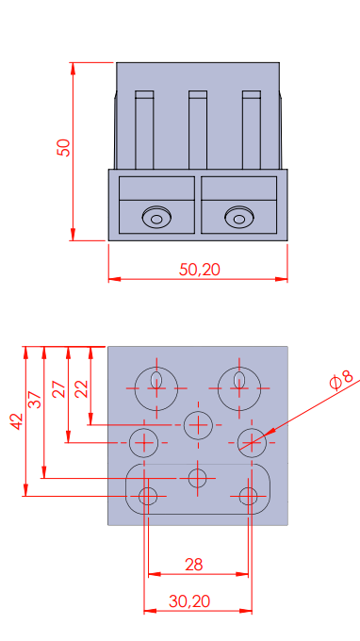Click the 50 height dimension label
point(64,148)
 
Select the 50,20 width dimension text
point(200,270)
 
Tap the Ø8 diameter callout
point(340,381)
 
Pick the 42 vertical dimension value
point(17,421)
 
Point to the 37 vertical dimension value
point(36,400)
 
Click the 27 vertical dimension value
point(58,389)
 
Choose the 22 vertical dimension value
point(81,389)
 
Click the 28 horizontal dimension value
point(194,565)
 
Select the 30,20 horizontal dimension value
point(189,601)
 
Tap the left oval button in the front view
point(156,217)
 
